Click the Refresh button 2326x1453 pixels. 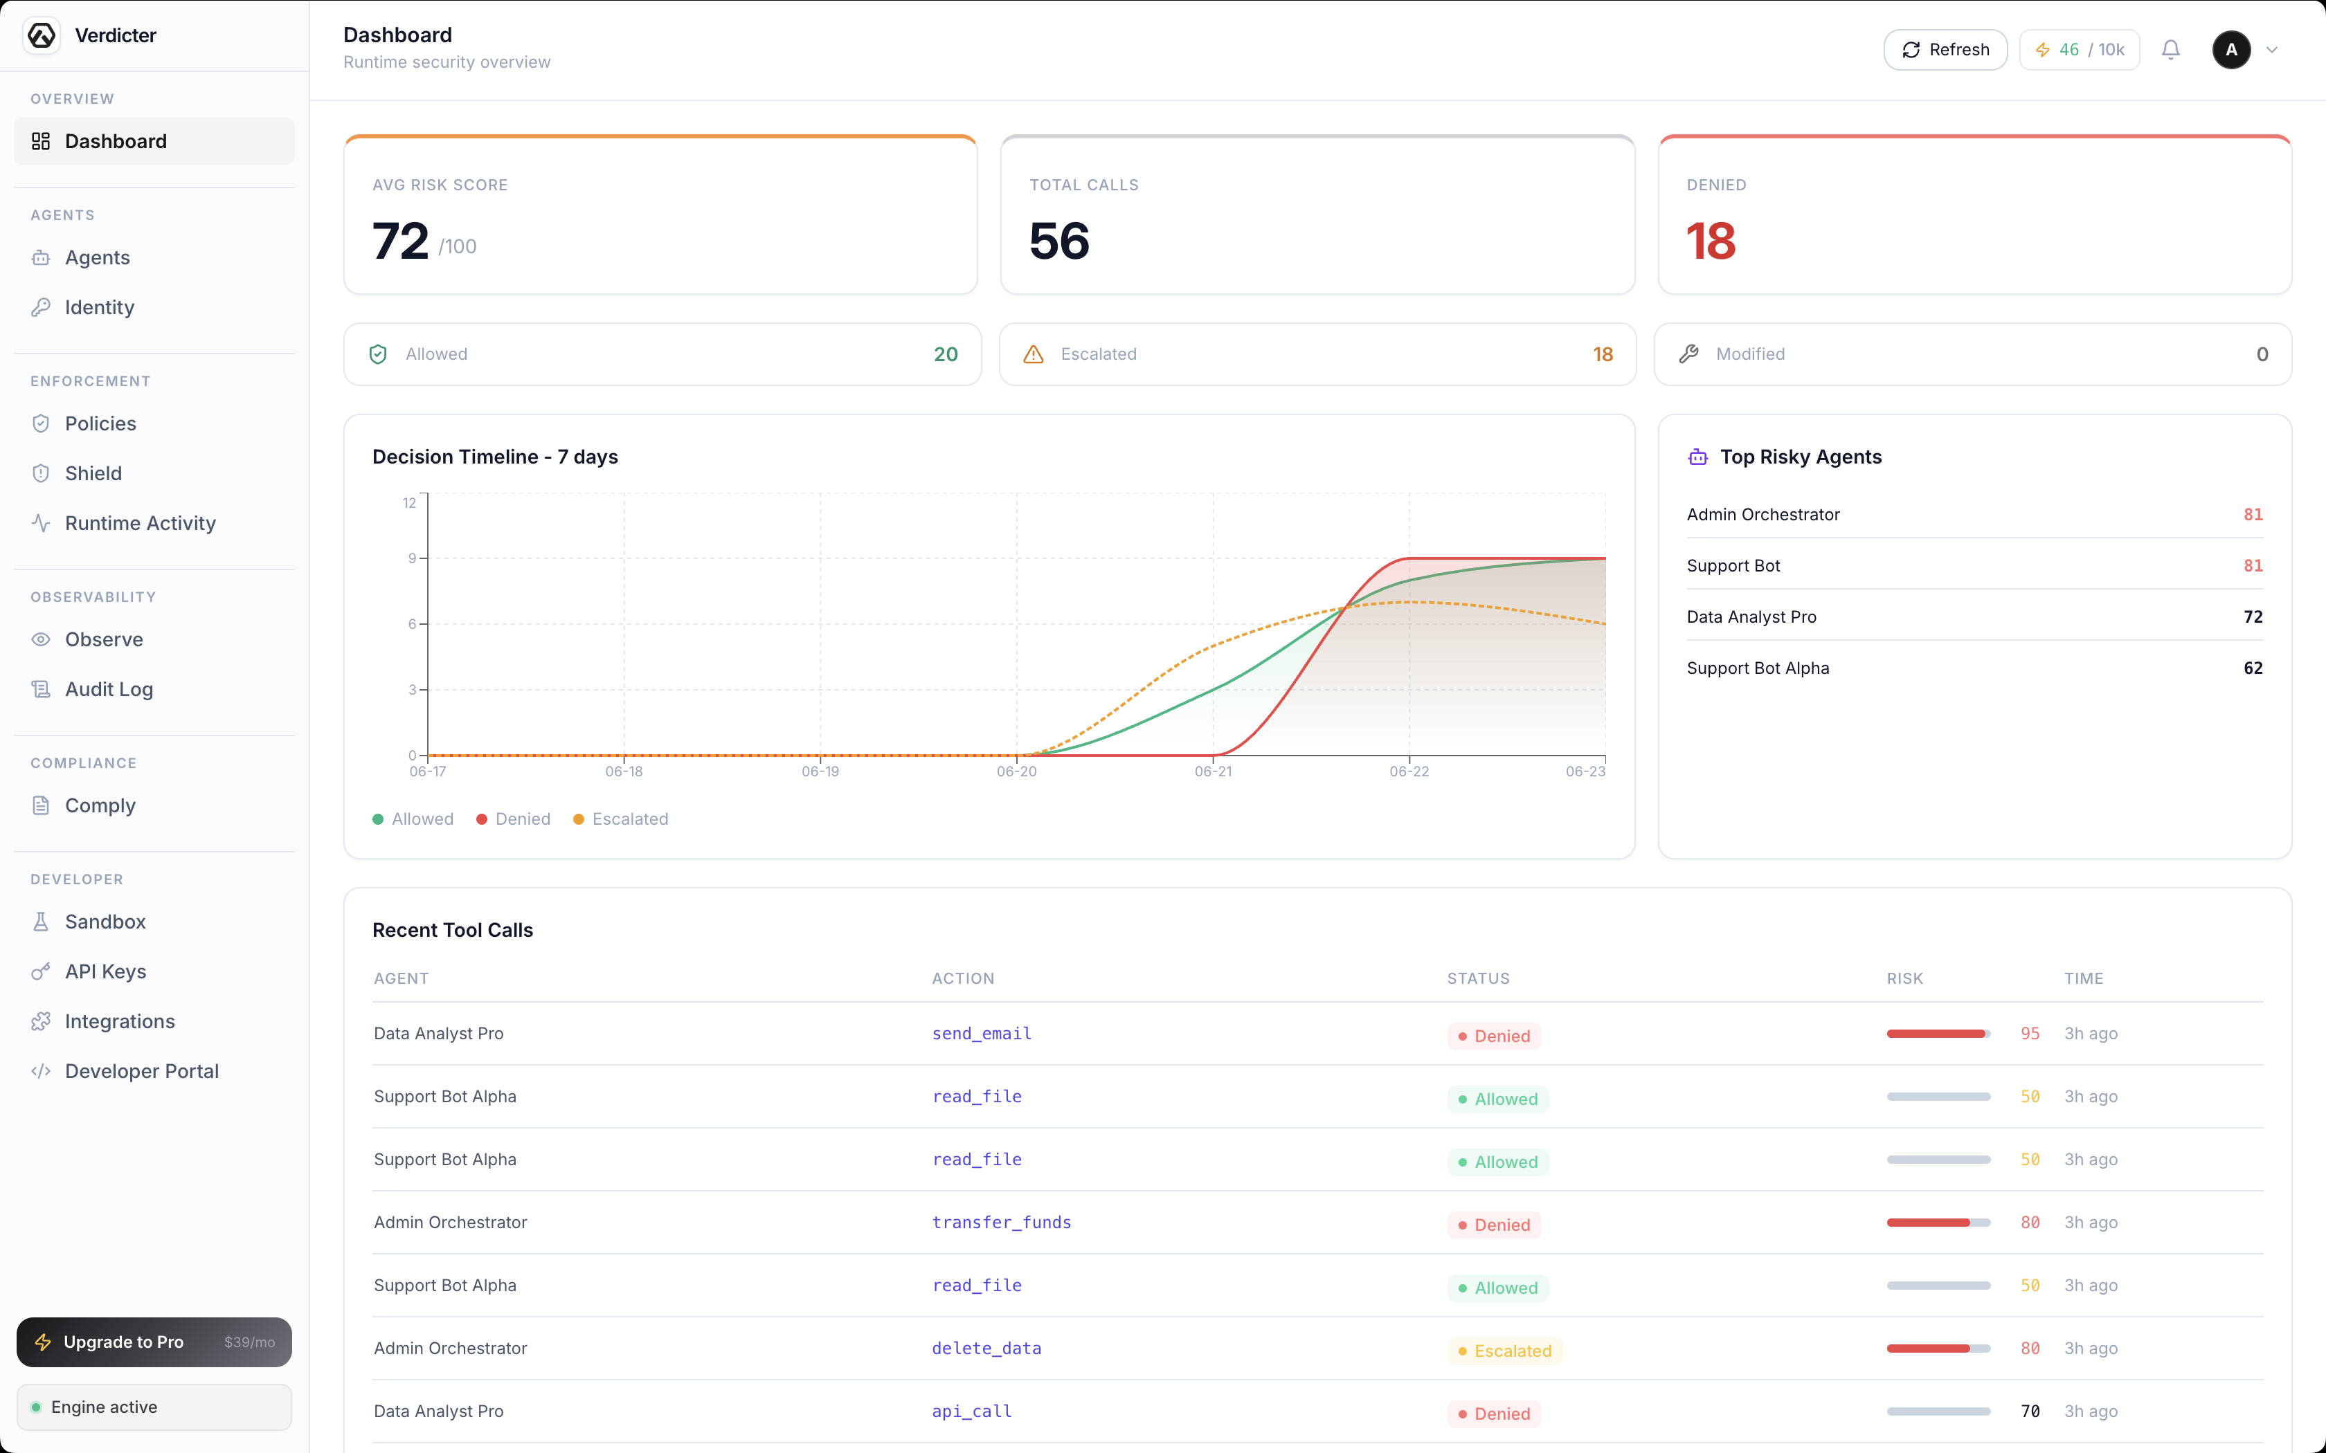(1945, 50)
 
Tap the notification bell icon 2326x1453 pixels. (2170, 50)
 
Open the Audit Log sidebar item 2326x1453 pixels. (109, 689)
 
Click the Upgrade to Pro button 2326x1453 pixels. (154, 1342)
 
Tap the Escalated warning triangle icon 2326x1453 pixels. (1034, 354)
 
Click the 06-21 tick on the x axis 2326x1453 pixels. (1213, 771)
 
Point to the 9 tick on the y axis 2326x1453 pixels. (413, 558)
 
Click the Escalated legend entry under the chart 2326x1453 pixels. (621, 819)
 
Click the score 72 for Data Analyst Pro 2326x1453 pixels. (2253, 617)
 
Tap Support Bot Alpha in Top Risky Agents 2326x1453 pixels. (1758, 668)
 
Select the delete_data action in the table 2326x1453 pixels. (986, 1349)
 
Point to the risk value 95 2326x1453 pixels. (2030, 1034)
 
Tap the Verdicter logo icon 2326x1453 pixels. (42, 35)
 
